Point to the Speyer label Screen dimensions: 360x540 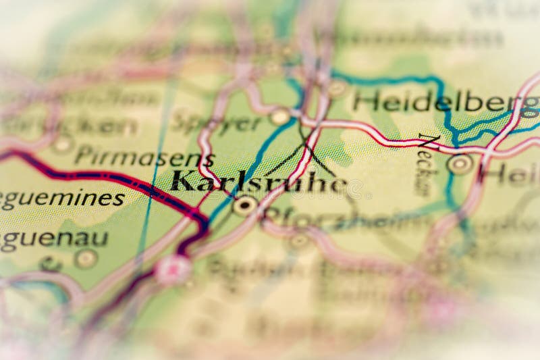pyautogui.click(x=216, y=124)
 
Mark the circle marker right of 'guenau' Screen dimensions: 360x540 pyautogui.click(x=86, y=258)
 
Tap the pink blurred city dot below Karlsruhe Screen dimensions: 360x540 pyautogui.click(x=173, y=269)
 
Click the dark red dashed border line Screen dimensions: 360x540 pyautogui.click(x=101, y=176)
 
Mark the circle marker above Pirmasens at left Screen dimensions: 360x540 pyautogui.click(x=63, y=143)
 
